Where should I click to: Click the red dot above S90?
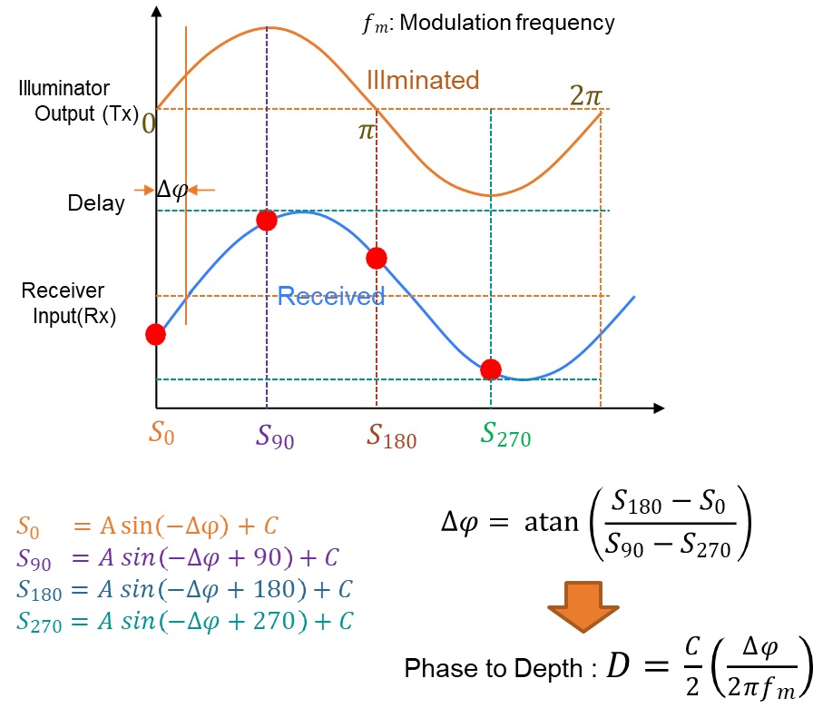tap(266, 221)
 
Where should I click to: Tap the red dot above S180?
tap(377, 258)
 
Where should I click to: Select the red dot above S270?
tap(491, 369)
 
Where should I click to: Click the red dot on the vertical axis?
tap(156, 334)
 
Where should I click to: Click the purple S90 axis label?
tap(275, 438)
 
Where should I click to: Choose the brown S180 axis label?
tap(391, 438)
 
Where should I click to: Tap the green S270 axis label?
tap(505, 437)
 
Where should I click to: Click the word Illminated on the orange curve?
tap(422, 80)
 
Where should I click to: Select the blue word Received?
tap(330, 296)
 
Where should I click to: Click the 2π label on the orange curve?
tap(586, 94)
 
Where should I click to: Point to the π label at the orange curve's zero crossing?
tap(366, 131)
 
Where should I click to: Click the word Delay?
tap(96, 203)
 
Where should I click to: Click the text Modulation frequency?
tap(506, 23)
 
